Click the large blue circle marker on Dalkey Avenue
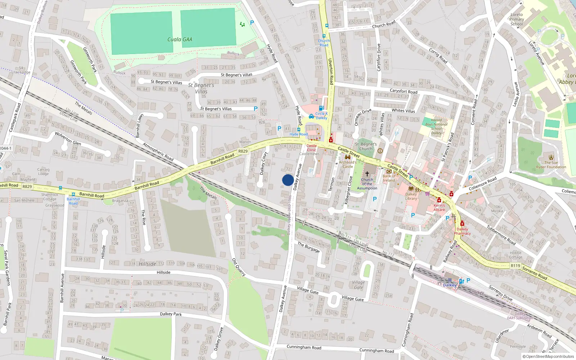click(288, 180)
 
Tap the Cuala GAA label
click(180, 39)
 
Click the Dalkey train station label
click(450, 285)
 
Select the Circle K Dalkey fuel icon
click(321, 108)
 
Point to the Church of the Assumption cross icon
click(367, 174)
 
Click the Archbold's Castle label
click(347, 165)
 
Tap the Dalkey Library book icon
click(411, 188)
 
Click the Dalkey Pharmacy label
click(462, 231)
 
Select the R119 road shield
click(515, 266)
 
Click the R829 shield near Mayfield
click(27, 186)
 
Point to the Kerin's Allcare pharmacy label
click(439, 207)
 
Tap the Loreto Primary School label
click(517, 19)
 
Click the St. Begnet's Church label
click(366, 146)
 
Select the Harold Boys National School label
click(436, 126)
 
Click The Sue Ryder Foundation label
click(551, 165)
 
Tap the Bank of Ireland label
click(389, 178)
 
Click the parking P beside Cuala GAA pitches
click(252, 23)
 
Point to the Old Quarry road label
click(239, 267)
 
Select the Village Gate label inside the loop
click(358, 285)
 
